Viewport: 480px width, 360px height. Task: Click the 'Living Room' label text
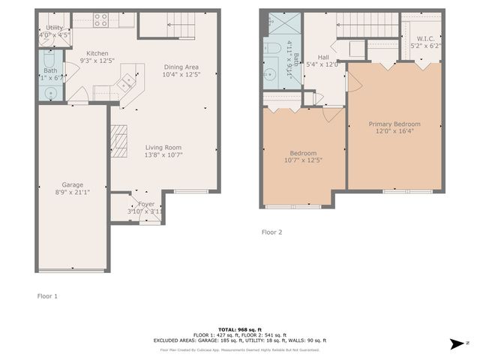163,147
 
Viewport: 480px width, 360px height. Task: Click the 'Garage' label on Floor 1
73,184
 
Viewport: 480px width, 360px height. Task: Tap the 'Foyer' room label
146,203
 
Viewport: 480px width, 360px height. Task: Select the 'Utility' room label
54,27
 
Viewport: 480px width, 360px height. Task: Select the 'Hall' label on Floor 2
323,56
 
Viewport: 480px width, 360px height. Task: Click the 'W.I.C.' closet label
425,38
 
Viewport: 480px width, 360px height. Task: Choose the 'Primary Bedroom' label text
394,124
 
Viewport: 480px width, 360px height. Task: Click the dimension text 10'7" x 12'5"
303,160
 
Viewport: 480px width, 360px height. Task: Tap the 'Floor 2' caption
271,232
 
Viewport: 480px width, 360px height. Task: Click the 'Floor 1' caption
47,296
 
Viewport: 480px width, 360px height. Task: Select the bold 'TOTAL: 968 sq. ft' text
240,330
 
